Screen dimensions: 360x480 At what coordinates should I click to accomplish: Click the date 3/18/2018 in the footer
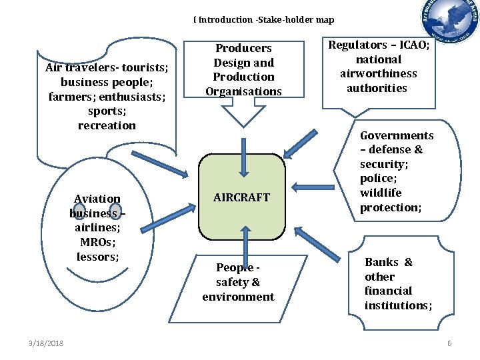pos(46,343)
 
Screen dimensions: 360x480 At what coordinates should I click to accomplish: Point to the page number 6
pos(449,343)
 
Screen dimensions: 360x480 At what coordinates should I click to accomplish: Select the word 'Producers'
pos(243,48)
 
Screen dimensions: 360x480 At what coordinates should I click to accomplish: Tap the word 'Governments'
pos(397,135)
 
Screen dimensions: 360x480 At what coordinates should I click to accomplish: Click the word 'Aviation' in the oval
pos(97,199)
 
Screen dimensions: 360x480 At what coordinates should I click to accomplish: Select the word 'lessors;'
pos(97,257)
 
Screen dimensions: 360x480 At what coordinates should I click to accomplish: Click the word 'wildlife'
pos(381,193)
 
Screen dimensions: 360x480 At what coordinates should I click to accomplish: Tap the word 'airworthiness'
pos(378,73)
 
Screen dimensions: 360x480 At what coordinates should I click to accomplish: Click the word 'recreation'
pos(107,125)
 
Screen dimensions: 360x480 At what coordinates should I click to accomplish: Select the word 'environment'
pos(238,297)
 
